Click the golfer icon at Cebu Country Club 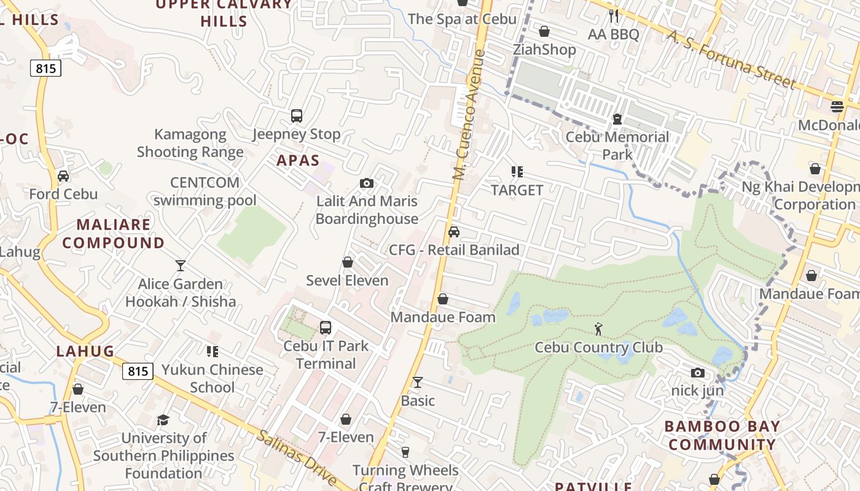tap(598, 330)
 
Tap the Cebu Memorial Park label tap(617, 145)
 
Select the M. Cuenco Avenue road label tap(469, 115)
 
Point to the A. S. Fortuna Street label tap(731, 60)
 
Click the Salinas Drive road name tap(297, 457)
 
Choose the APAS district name tap(298, 161)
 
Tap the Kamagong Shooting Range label tap(190, 143)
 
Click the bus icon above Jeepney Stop tap(297, 116)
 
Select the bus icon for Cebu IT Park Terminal tap(326, 328)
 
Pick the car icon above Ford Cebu tap(63, 176)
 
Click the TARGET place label tap(517, 190)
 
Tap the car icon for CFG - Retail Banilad tap(454, 231)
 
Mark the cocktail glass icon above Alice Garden tap(180, 265)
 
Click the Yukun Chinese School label tap(212, 378)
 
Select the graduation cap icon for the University tap(163, 420)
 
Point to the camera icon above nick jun tap(697, 373)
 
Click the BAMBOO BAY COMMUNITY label tap(722, 435)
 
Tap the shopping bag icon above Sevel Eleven tap(348, 262)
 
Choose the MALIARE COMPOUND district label tap(114, 234)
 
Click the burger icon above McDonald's tap(837, 107)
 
